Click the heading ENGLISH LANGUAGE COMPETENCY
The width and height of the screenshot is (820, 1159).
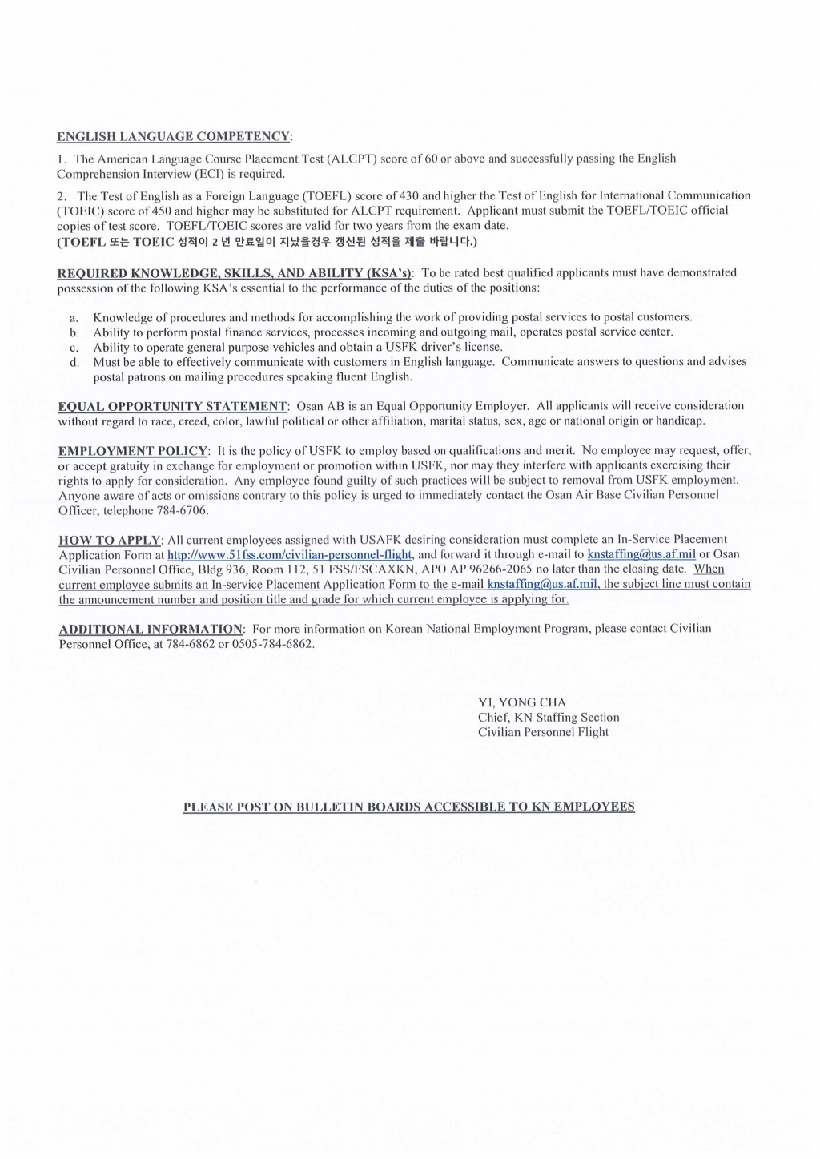click(x=174, y=137)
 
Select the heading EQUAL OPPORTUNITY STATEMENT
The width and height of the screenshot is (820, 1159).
click(x=172, y=406)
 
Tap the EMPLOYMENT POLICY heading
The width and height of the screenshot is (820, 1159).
click(x=133, y=451)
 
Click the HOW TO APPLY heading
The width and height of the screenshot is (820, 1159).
click(x=111, y=540)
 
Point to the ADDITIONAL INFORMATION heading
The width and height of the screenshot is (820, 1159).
click(x=151, y=629)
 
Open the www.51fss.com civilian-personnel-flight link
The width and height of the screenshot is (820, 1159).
click(x=290, y=554)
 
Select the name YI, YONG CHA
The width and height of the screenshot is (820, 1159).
click(x=521, y=702)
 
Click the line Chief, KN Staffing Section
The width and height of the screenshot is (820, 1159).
click(x=548, y=718)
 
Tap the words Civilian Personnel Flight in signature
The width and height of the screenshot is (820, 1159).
click(x=543, y=732)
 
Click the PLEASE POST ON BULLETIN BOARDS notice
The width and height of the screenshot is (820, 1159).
click(x=408, y=807)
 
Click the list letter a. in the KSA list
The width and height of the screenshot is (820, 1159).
click(x=74, y=318)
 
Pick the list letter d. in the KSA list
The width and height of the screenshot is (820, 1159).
click(x=74, y=362)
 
